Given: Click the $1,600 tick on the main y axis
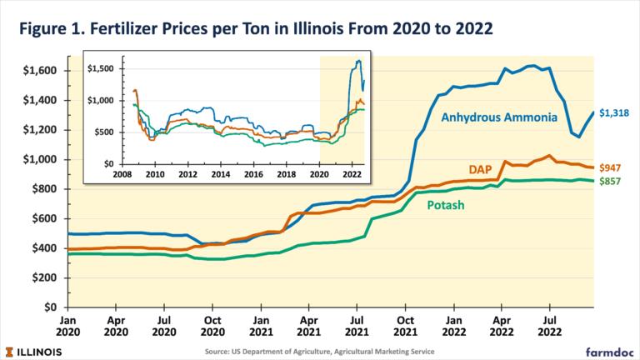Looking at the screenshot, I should pyautogui.click(x=38, y=71).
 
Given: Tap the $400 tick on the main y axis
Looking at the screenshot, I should pyautogui.click(x=42, y=248).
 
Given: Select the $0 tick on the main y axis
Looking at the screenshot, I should pyautogui.click(x=49, y=307).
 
